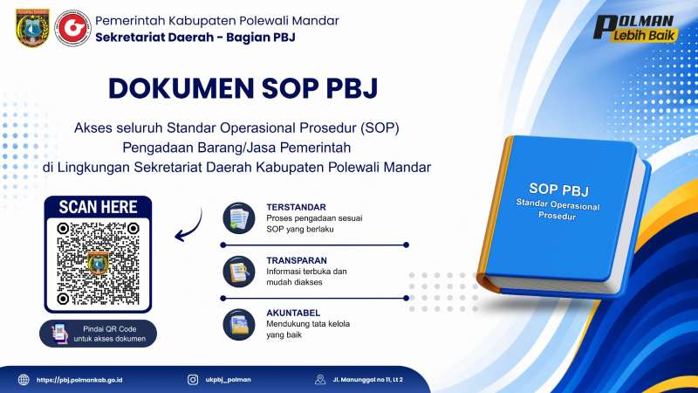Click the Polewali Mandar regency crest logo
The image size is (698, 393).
tap(32, 28)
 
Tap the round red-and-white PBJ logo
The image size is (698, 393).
tap(72, 28)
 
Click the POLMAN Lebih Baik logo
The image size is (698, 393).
tap(636, 28)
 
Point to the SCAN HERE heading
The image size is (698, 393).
tap(98, 207)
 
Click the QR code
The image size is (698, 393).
tap(98, 265)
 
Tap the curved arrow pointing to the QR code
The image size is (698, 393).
tap(188, 226)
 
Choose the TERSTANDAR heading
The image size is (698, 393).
tap(296, 207)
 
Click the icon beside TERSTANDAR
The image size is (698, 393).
tap(239, 218)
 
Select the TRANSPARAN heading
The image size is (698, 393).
tap(297, 260)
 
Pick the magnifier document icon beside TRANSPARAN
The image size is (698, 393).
tap(239, 272)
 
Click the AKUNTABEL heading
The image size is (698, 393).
tap(293, 313)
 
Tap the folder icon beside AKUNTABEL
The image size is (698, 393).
tap(239, 324)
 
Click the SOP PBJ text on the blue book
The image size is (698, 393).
tap(558, 190)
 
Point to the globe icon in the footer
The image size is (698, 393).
tap(24, 380)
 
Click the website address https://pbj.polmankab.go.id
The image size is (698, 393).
tap(79, 380)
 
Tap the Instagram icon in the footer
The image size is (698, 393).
tap(193, 380)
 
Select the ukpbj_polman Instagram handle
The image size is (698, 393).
tap(228, 380)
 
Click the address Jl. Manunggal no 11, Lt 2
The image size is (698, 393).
tap(367, 380)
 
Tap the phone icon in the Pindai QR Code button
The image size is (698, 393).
tap(59, 334)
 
